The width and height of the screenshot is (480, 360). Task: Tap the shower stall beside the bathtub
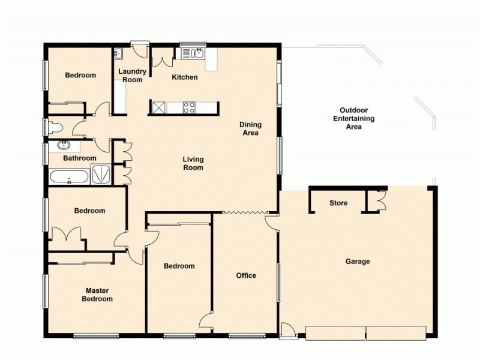tap(101, 175)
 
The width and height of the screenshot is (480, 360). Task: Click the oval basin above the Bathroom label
tap(63, 145)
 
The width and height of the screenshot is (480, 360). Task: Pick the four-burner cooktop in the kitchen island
tap(190, 108)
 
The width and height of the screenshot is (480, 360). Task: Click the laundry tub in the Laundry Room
tap(118, 55)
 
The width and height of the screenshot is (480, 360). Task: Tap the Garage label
tap(358, 262)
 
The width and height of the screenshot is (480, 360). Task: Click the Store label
tap(338, 203)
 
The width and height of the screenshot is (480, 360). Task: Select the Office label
tap(246, 276)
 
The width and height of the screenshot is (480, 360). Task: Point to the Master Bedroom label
tap(98, 295)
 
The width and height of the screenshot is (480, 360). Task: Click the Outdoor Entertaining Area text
tap(353, 119)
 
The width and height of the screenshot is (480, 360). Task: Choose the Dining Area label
tap(250, 129)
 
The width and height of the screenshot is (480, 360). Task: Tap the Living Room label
tap(193, 163)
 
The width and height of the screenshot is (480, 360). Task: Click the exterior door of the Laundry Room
tap(140, 44)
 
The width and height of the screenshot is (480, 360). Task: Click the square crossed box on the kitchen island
tap(158, 108)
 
